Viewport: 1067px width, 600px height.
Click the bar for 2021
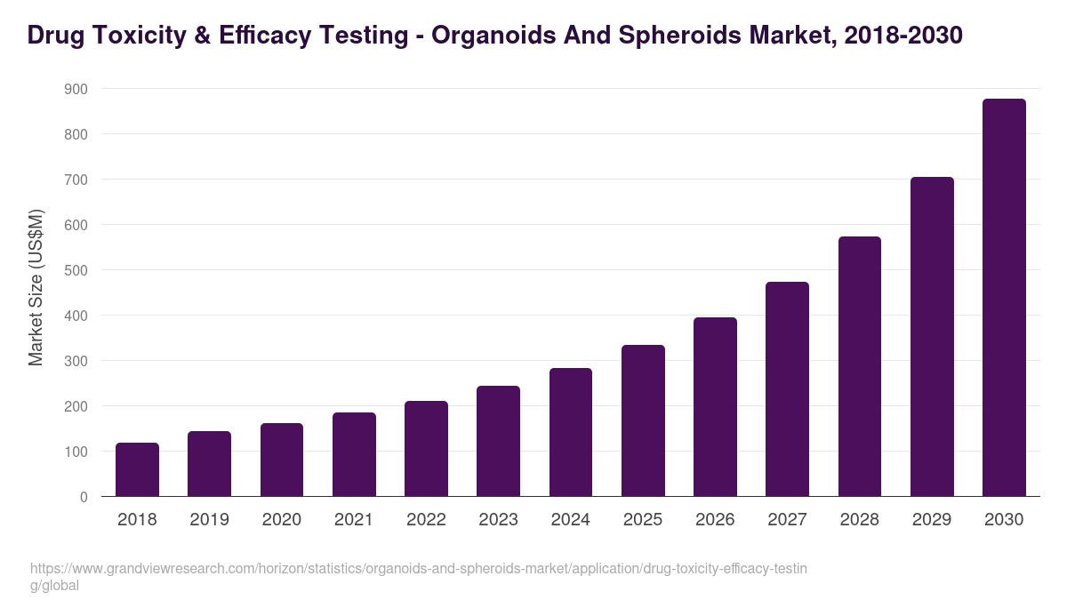(x=354, y=454)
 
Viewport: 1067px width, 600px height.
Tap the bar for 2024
(x=571, y=432)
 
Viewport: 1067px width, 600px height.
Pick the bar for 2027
(x=787, y=389)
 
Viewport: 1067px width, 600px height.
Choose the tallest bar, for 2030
(x=1004, y=298)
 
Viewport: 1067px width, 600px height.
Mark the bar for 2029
(x=932, y=337)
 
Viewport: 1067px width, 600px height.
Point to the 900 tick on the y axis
(x=76, y=89)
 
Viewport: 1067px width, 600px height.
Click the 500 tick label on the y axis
(x=76, y=270)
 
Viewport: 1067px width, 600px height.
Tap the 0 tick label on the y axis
(x=84, y=497)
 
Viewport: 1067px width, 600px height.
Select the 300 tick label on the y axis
(x=76, y=361)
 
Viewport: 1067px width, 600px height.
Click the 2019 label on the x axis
(x=209, y=520)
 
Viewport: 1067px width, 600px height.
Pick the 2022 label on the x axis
(x=426, y=520)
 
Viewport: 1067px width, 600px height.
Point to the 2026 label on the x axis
(x=715, y=520)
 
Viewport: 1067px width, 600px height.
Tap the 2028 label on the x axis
(x=859, y=520)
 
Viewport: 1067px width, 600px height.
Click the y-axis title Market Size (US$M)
(x=36, y=287)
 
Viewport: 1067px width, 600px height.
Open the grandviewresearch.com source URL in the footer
(x=418, y=569)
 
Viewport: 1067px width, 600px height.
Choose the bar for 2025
(x=643, y=420)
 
